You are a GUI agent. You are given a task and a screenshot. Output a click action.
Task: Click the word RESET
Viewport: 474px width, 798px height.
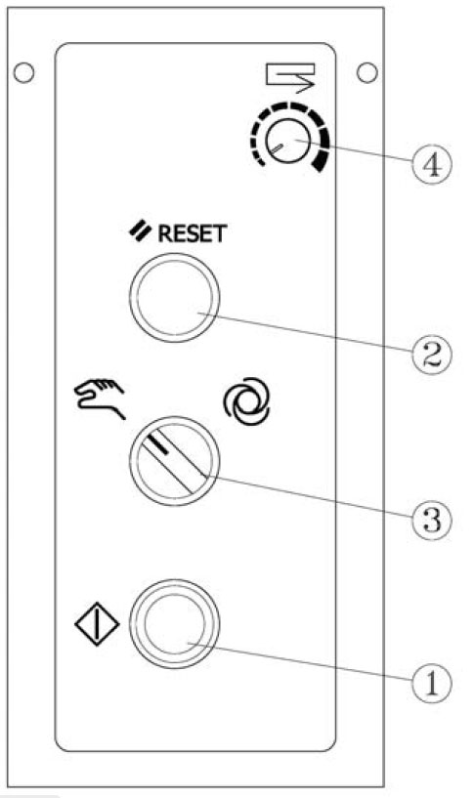[193, 234]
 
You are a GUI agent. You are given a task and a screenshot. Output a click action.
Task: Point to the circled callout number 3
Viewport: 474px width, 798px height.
[432, 519]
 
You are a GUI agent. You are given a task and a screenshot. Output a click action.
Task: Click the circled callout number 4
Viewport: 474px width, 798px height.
[431, 164]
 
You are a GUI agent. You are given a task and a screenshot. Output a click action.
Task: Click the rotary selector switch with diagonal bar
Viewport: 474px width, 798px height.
[174, 461]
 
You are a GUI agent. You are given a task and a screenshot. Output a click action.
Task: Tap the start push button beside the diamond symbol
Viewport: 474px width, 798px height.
[174, 622]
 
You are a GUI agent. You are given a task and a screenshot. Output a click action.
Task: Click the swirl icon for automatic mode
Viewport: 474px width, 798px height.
[247, 401]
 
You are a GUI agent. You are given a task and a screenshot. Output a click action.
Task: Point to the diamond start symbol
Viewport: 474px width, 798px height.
[97, 624]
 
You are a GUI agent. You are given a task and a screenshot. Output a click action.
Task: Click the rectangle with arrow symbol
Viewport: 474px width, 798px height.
[290, 77]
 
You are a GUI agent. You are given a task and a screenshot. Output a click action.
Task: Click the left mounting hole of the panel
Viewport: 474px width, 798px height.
[23, 73]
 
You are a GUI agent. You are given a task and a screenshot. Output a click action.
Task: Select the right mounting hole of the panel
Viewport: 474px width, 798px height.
[367, 72]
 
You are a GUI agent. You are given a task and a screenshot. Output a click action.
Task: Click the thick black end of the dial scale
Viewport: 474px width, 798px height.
[321, 164]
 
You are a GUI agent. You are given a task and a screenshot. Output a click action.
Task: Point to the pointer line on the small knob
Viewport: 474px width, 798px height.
[276, 147]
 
